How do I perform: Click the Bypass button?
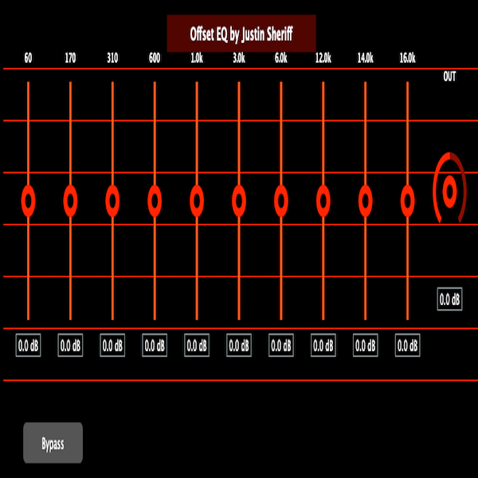[53, 443]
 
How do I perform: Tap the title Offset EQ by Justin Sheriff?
[241, 33]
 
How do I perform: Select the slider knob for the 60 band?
[28, 200]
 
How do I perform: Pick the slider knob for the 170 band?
[70, 200]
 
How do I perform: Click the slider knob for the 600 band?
[155, 200]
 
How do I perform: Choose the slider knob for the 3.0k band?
[239, 200]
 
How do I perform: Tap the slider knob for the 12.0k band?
[323, 200]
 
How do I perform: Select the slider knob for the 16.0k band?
[408, 200]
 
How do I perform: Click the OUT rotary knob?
[450, 190]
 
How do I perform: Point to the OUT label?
[450, 76]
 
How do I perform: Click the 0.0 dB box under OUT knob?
[450, 300]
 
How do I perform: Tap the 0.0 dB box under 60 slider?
[28, 346]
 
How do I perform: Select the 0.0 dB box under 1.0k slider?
[197, 346]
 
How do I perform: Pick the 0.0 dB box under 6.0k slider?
[281, 346]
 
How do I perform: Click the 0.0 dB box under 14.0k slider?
[366, 346]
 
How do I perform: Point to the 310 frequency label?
[112, 58]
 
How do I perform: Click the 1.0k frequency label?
[197, 58]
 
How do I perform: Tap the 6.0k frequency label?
[281, 58]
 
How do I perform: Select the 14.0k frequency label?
[366, 58]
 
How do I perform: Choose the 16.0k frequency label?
[408, 58]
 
